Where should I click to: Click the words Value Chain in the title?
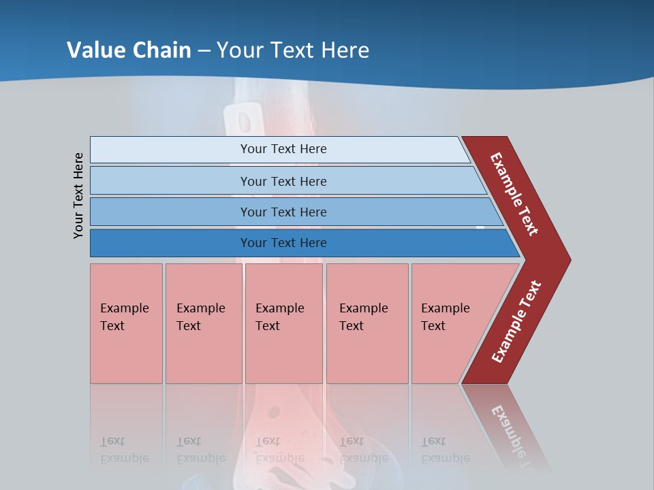point(129,50)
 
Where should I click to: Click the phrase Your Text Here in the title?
point(293,50)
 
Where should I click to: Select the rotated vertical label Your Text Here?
point(78,195)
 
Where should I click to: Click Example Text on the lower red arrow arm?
point(516,322)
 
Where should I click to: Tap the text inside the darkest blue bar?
point(283,243)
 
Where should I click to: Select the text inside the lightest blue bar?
point(283,149)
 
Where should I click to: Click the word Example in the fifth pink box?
point(445,308)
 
